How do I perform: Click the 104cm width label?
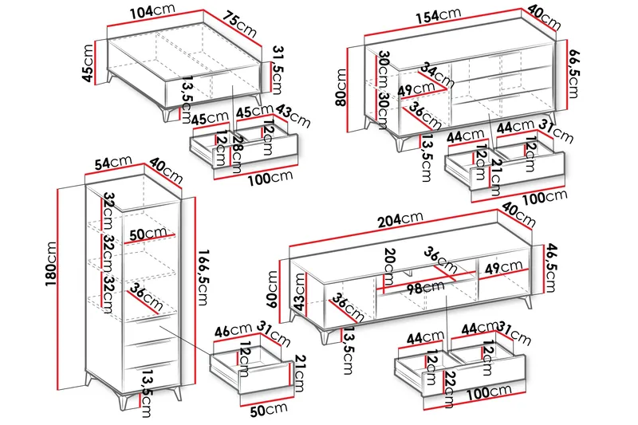(x=152, y=14)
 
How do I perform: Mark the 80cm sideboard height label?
(x=342, y=88)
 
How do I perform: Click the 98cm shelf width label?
(x=422, y=289)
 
